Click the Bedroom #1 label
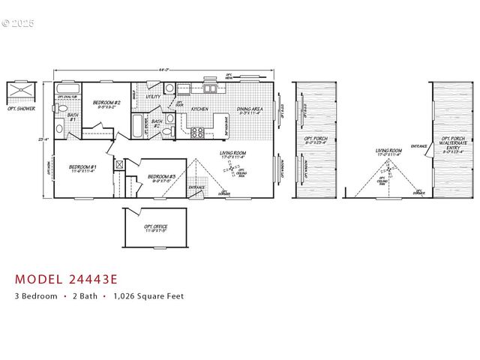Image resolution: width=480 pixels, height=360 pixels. (x=82, y=168)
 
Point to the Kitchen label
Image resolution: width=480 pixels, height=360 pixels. (x=199, y=109)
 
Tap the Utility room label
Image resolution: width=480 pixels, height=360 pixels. (x=153, y=97)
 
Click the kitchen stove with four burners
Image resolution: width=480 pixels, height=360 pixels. (x=198, y=133)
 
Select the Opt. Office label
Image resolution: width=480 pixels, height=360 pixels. (x=155, y=228)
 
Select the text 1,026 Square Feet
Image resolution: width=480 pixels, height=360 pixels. (x=148, y=296)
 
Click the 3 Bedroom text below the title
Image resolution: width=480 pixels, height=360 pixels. (x=36, y=296)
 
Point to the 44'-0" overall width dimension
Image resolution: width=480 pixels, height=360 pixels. (x=161, y=70)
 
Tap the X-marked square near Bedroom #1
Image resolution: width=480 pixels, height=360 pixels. (x=118, y=163)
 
